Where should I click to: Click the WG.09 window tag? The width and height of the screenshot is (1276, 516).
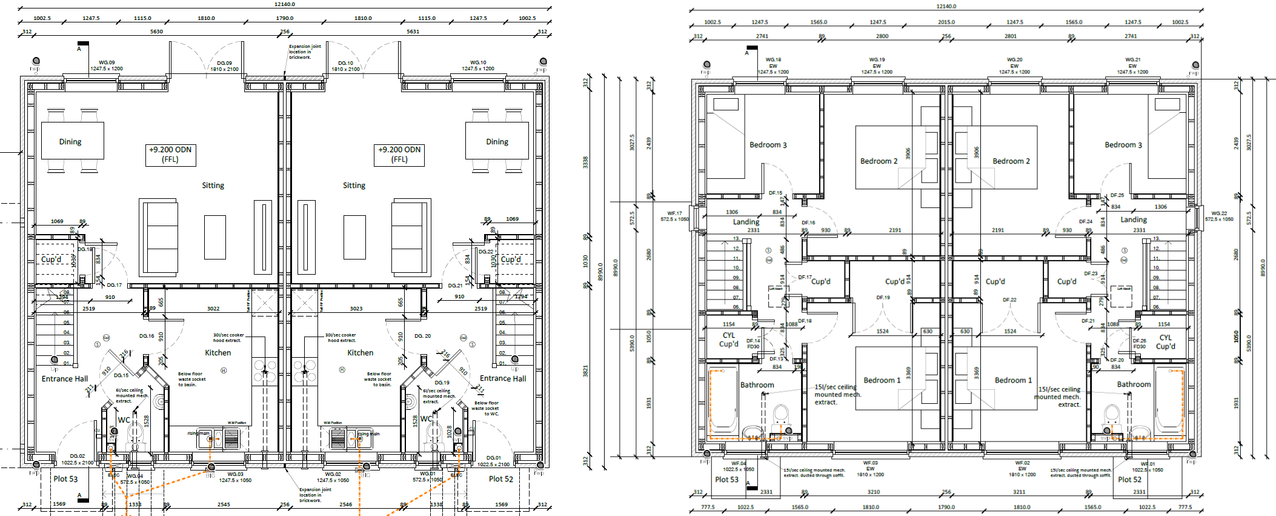[x=107, y=62]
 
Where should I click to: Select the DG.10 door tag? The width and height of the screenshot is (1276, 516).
[x=345, y=63]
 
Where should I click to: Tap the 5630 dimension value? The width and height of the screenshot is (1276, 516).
[x=156, y=32]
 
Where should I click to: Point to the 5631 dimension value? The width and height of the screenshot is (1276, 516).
[x=413, y=32]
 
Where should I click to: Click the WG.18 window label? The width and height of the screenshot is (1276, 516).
[x=773, y=60]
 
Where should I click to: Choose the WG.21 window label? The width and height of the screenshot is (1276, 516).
[x=1132, y=60]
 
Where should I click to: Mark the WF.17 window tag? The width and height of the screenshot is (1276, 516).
[x=674, y=213]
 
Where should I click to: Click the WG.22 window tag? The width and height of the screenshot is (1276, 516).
[x=1219, y=213]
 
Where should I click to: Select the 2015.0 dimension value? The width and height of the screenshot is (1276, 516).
[x=946, y=22]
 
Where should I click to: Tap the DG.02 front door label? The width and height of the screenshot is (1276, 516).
[x=78, y=456]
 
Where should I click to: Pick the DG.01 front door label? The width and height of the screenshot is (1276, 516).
[x=493, y=458]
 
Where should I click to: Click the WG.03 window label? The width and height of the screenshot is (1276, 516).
[x=235, y=474]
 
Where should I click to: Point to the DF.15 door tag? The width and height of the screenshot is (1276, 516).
[x=776, y=193]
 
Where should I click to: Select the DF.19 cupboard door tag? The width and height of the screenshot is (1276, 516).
[x=883, y=298]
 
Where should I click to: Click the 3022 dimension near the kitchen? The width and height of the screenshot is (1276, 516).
[x=213, y=309]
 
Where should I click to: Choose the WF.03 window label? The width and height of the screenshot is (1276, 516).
[x=870, y=463]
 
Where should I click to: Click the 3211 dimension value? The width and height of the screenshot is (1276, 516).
[x=1019, y=492]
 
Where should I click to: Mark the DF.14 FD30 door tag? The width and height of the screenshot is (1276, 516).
[x=753, y=343]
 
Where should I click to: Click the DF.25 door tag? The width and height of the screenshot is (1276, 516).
[x=1117, y=195]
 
